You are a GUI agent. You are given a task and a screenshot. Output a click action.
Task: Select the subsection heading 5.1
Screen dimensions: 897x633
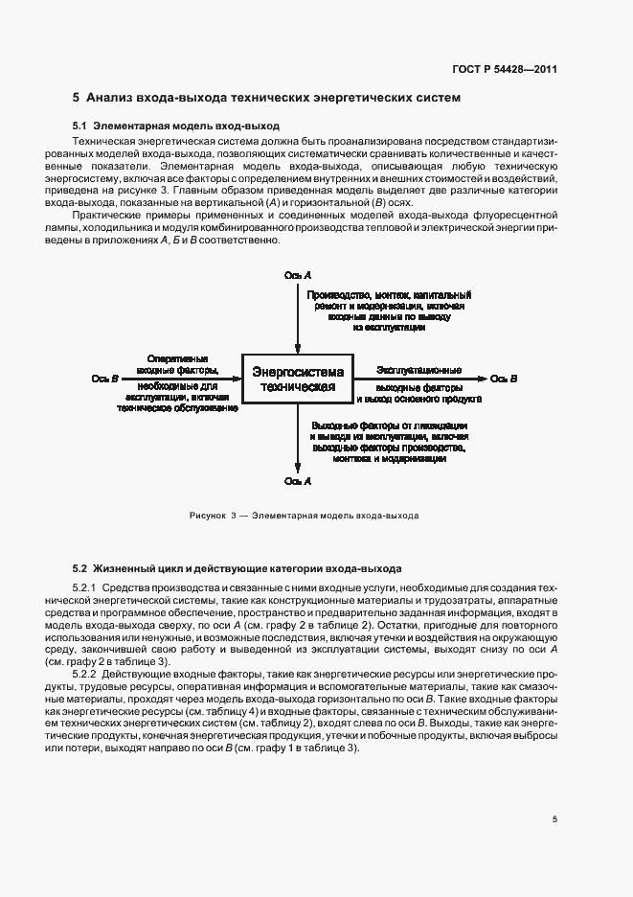[176, 126]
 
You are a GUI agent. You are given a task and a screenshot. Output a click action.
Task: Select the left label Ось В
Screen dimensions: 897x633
[104, 379]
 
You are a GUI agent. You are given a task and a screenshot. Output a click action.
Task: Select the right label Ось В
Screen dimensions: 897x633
[504, 379]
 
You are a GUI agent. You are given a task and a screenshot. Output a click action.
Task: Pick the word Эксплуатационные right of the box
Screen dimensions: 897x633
[418, 369]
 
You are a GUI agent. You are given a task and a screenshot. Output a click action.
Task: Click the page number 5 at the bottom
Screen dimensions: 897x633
[554, 819]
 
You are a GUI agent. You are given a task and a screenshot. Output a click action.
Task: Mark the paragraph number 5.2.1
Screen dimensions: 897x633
[85, 586]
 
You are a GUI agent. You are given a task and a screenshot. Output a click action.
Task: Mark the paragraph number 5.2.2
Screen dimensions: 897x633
[85, 675]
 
